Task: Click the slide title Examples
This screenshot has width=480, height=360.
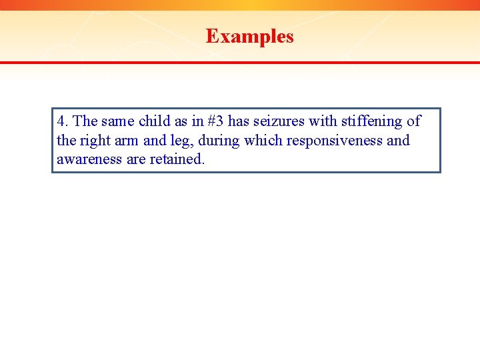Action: (249, 36)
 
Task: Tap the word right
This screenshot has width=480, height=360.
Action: (93, 141)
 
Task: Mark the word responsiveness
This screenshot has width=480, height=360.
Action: (334, 141)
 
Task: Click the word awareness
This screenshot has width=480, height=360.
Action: (89, 160)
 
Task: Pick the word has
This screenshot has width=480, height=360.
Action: (238, 121)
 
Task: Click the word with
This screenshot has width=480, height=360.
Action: (323, 121)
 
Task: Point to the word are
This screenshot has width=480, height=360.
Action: (136, 160)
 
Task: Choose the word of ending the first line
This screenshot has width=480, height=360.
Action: (413, 121)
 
